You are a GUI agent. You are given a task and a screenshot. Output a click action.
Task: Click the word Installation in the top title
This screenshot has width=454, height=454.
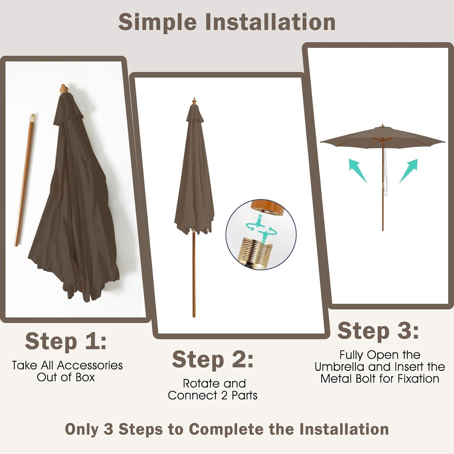click(270, 22)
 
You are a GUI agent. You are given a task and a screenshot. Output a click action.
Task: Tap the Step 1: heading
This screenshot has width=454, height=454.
click(66, 341)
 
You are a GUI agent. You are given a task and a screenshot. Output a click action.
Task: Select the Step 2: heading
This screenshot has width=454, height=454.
click(212, 360)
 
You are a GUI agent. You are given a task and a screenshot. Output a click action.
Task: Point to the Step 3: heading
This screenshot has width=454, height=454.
click(378, 331)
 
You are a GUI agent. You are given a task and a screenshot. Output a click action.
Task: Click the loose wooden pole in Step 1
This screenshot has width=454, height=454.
click(24, 180)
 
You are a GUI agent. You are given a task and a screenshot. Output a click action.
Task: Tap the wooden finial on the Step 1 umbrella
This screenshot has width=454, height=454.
click(64, 89)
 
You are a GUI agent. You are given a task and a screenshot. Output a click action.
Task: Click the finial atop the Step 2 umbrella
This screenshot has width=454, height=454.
click(194, 101)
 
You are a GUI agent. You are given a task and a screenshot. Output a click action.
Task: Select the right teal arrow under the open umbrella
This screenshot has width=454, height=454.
click(409, 170)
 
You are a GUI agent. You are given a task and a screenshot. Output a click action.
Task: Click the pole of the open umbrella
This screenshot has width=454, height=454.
click(383, 186)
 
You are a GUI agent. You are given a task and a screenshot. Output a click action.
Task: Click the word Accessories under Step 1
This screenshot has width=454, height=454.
click(90, 365)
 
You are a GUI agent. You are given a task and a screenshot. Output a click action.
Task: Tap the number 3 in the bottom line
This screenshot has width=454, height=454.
click(108, 429)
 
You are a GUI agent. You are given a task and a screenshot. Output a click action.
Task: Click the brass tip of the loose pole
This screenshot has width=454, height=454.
click(32, 117)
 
